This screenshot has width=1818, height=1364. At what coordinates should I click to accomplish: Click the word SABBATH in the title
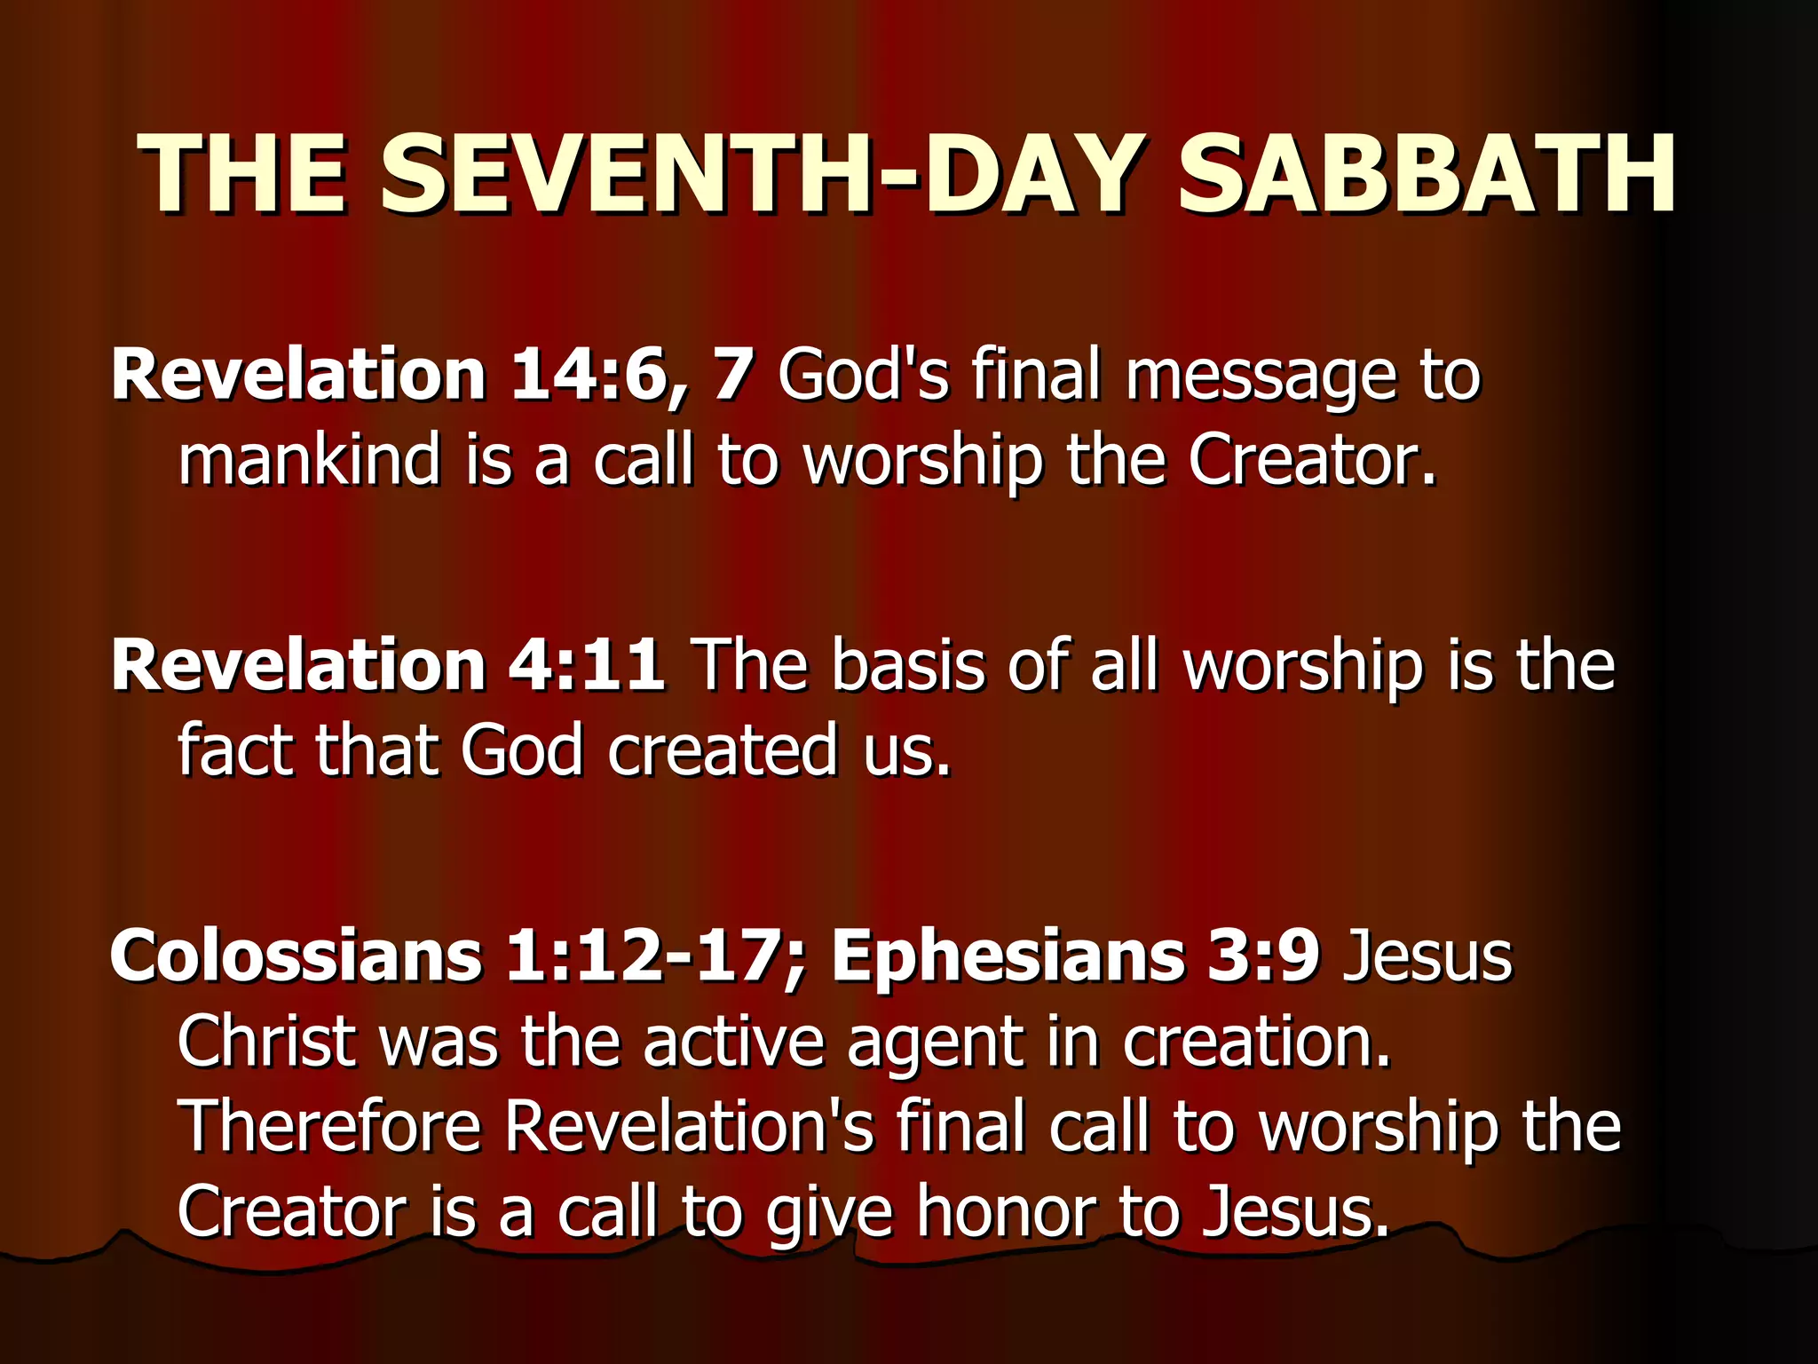click(1426, 174)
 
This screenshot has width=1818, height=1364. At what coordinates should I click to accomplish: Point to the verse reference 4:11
click(586, 665)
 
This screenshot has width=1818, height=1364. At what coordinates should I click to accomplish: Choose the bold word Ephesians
click(1007, 956)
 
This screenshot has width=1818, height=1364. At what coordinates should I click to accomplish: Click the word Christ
click(266, 1041)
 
